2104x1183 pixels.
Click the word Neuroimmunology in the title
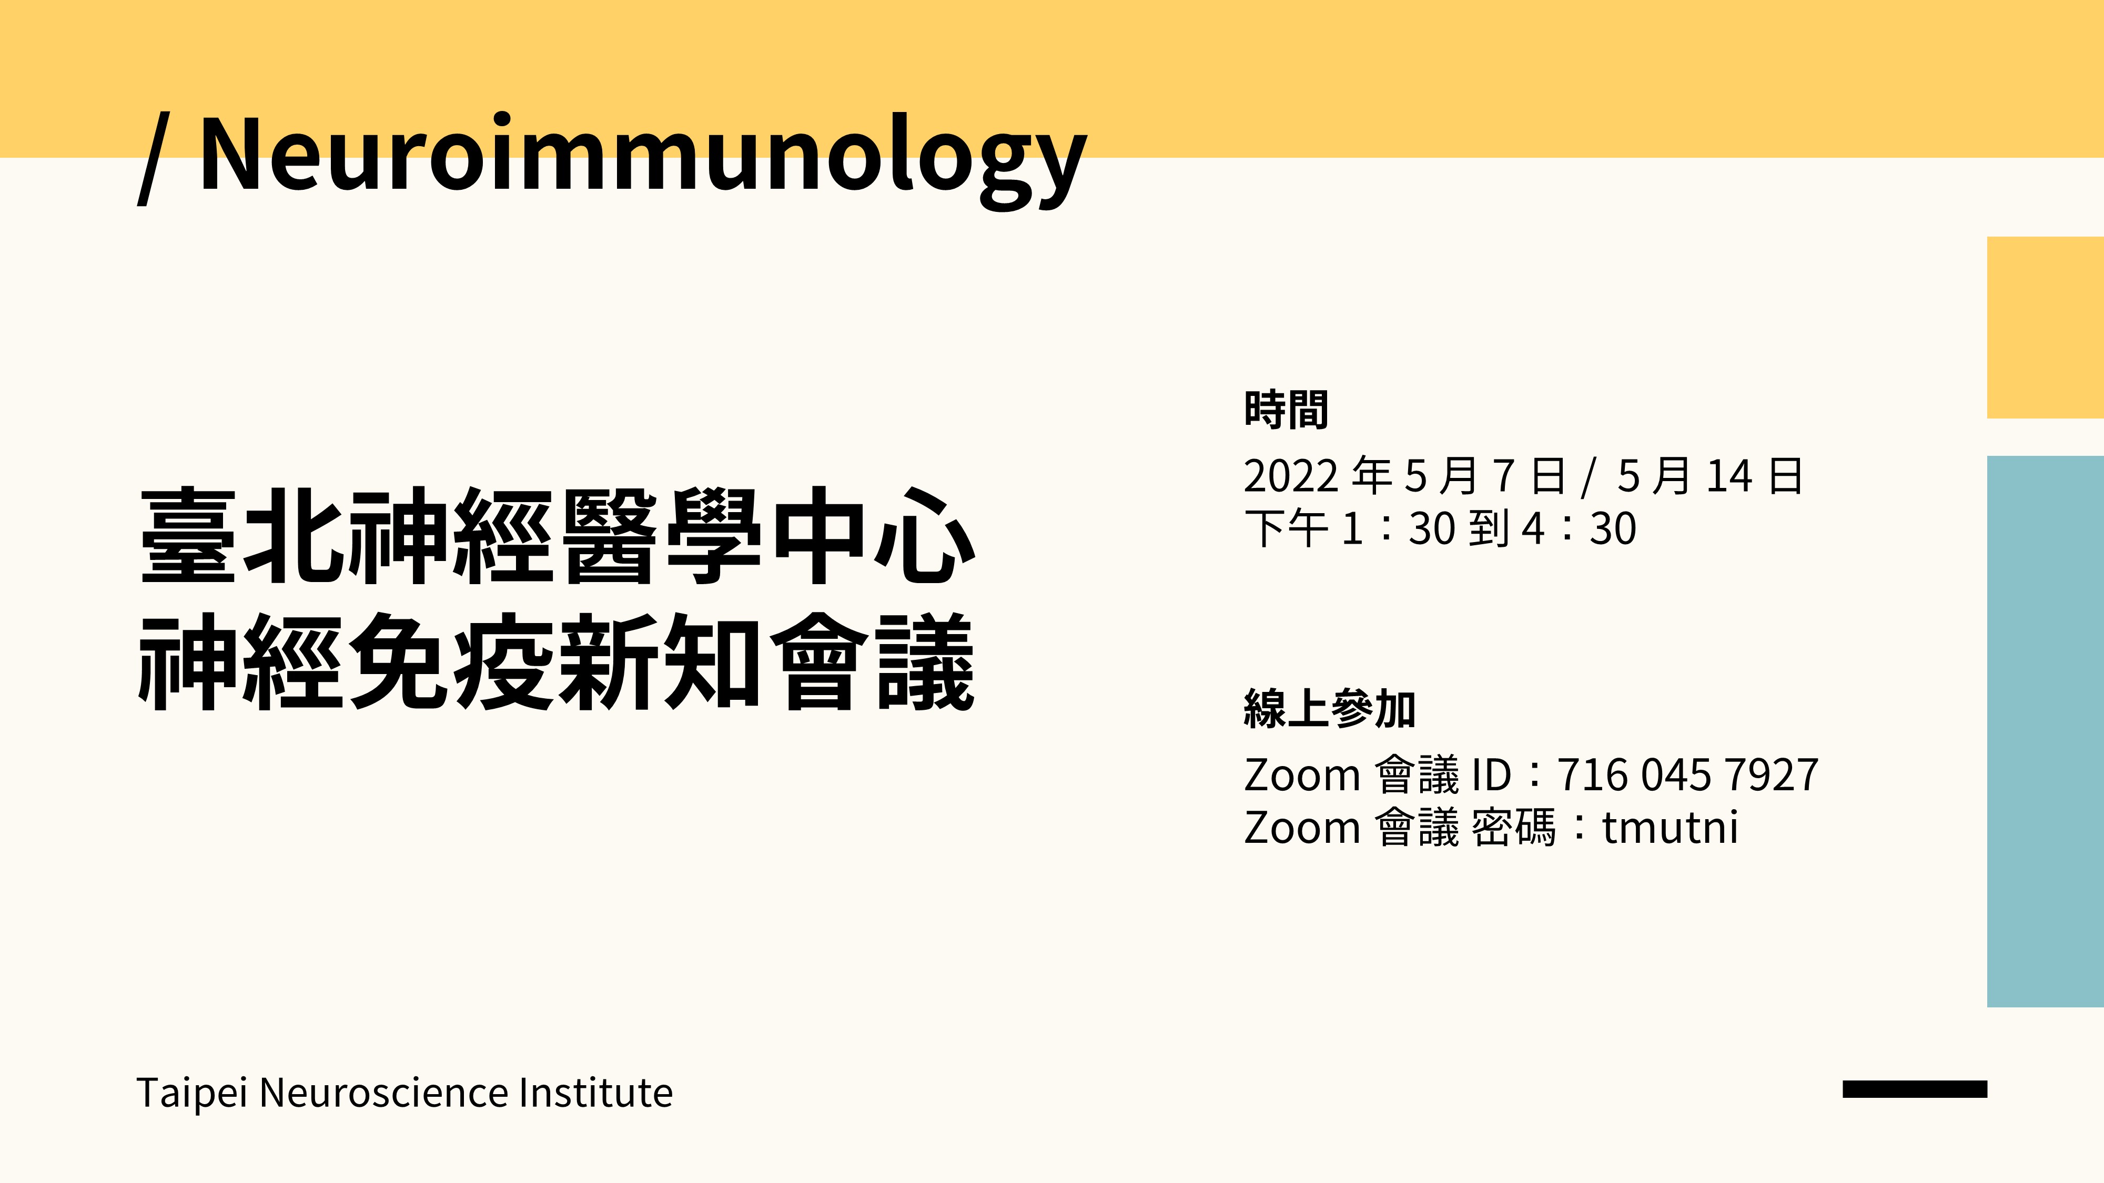pyautogui.click(x=643, y=155)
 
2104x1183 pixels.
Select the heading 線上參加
pyautogui.click(x=1329, y=709)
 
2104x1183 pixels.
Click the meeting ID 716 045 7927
pyautogui.click(x=1687, y=775)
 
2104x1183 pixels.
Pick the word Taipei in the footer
pyautogui.click(x=191, y=1093)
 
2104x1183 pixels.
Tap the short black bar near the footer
pyautogui.click(x=1915, y=1088)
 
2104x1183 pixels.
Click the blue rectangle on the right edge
pyautogui.click(x=2045, y=731)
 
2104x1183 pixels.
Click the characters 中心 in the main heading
pyautogui.click(x=873, y=536)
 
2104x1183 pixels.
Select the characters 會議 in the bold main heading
pyautogui.click(x=873, y=661)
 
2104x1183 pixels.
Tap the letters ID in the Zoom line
pyautogui.click(x=1491, y=775)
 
